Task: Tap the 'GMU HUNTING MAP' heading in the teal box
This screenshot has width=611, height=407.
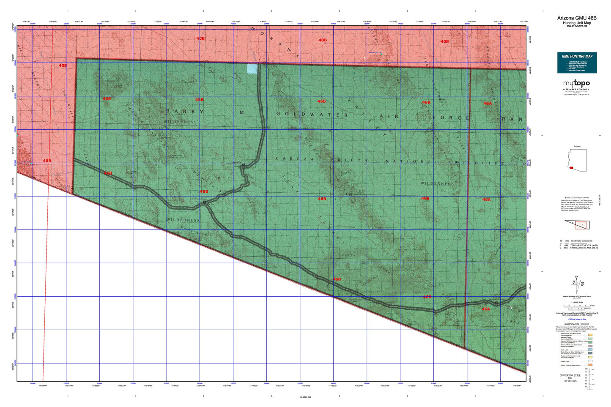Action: pos(577,56)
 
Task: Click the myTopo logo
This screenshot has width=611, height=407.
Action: pos(576,84)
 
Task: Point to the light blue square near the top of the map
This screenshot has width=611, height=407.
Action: pos(252,69)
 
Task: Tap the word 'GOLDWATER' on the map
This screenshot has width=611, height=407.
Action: pos(312,115)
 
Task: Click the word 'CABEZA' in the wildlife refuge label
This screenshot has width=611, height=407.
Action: pos(289,159)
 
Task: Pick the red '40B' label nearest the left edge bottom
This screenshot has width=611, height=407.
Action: pos(47,161)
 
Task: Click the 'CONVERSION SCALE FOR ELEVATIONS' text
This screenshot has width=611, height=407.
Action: pos(570,378)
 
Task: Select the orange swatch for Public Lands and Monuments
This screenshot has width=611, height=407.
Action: pos(590,335)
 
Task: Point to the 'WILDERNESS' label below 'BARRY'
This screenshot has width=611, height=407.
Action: pos(181,122)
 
